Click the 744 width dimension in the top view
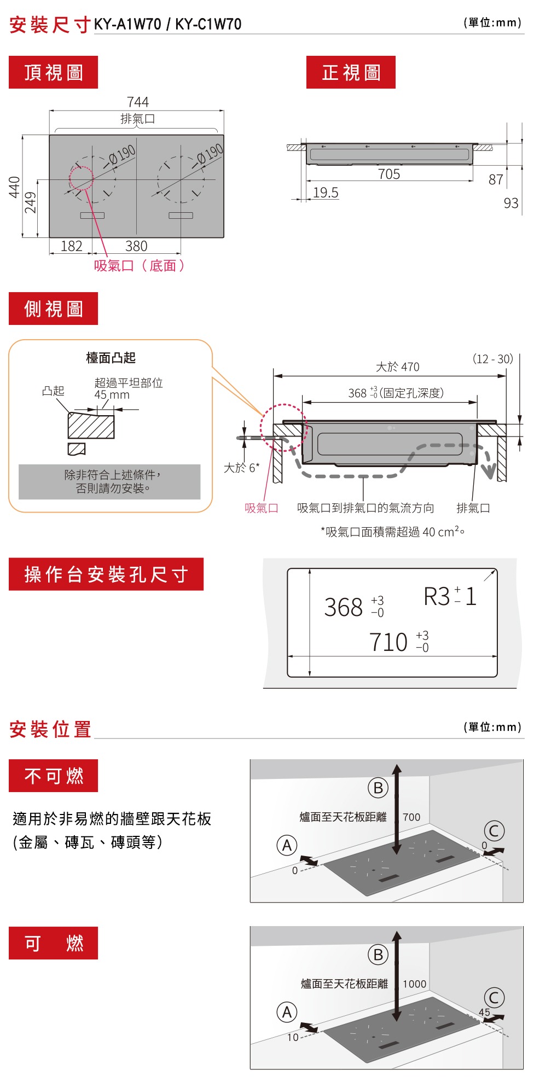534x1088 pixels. (x=137, y=102)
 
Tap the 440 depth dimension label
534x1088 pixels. (x=14, y=187)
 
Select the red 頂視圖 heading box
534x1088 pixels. (x=53, y=72)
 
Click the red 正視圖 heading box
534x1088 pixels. (x=351, y=72)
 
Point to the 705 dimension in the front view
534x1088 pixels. (x=389, y=174)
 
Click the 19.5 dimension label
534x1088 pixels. (x=326, y=193)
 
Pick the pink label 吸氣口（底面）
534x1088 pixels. (x=140, y=266)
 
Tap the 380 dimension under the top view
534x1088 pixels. (x=136, y=246)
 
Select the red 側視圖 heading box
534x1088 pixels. (x=53, y=309)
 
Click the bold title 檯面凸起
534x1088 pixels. (x=111, y=358)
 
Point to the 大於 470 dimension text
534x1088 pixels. (x=398, y=366)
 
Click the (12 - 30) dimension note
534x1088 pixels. (x=492, y=359)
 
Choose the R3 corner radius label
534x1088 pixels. (x=437, y=596)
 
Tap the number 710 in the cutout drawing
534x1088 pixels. (x=388, y=642)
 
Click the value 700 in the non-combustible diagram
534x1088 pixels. (x=411, y=817)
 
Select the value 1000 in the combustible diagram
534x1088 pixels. (x=414, y=984)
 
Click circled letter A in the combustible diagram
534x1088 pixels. (x=287, y=1013)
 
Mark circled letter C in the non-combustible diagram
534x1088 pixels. (x=494, y=831)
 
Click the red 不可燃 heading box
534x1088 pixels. (x=53, y=776)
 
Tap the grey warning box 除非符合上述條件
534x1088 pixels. (x=109, y=482)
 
